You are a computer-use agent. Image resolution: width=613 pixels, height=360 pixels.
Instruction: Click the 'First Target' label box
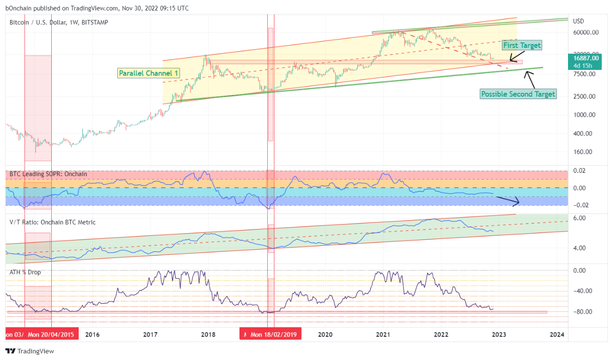522,45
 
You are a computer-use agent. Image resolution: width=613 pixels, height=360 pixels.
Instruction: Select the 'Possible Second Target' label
518,94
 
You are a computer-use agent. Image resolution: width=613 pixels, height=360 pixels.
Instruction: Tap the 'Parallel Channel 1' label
149,73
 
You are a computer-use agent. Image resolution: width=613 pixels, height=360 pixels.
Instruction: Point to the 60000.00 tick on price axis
585,33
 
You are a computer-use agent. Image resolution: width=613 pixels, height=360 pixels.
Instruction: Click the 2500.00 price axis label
585,96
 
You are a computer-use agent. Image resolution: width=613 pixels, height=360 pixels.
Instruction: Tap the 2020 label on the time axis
325,334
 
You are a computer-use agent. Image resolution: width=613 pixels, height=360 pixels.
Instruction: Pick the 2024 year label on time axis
557,334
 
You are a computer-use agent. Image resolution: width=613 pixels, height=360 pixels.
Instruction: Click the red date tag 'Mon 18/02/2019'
273,334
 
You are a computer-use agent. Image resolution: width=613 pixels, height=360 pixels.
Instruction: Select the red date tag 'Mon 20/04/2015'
51,334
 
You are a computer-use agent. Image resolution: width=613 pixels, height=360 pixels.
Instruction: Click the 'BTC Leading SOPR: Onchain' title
48,174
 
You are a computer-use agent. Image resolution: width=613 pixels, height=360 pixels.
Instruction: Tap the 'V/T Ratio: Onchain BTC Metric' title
52,222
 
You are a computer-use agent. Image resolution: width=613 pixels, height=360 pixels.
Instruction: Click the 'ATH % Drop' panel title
25,272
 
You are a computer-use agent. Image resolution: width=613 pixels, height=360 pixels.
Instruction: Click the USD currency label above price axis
579,21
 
